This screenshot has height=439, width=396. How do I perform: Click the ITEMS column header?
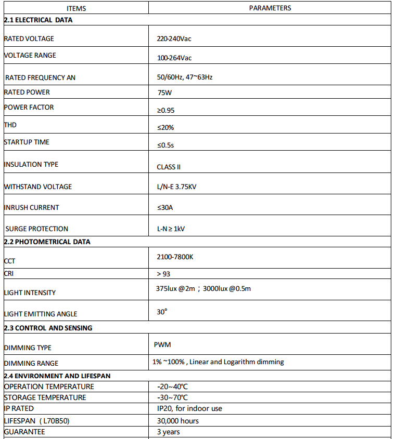tap(76, 8)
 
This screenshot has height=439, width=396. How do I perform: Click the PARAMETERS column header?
tap(270, 8)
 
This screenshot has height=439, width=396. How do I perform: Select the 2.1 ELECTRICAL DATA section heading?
tap(39, 20)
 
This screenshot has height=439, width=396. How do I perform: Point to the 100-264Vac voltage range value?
tap(174, 58)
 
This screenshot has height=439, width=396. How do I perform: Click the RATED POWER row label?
tap(27, 92)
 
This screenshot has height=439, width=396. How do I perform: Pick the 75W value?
tap(164, 93)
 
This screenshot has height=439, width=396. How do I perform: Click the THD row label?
tap(10, 125)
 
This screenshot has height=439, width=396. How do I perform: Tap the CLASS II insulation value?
tap(169, 167)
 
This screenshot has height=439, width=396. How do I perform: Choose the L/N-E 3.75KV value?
tap(177, 187)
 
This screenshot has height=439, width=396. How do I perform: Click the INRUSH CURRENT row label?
tap(32, 208)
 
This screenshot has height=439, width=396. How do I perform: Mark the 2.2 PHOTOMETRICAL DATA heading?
tap(47, 242)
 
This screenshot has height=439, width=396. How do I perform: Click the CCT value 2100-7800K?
tap(175, 257)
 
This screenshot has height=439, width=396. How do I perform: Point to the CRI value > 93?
tap(163, 274)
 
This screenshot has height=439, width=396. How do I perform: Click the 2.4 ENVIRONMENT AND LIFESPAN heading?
tap(57, 376)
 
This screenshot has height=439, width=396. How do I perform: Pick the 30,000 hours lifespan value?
tap(177, 421)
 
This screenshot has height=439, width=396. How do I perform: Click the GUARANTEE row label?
tap(24, 432)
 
